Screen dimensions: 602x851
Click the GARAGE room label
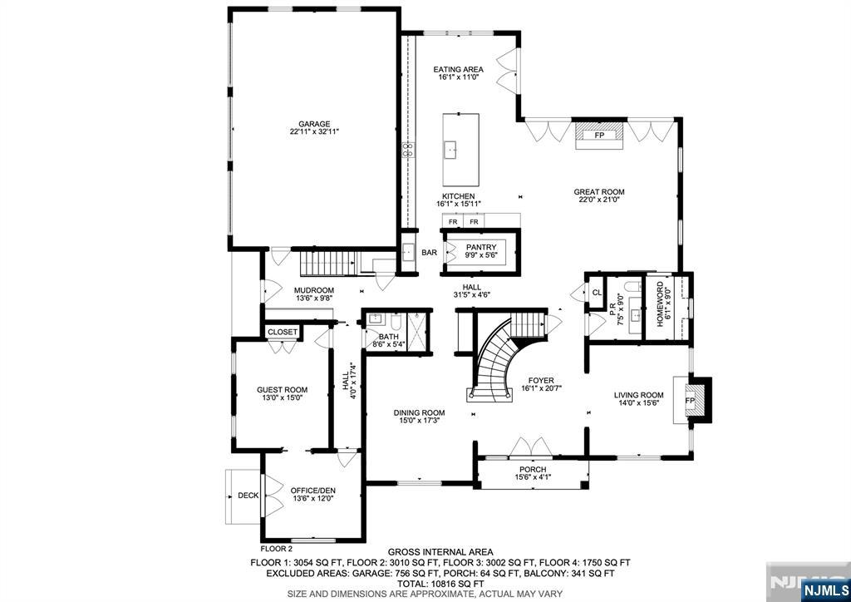pos(315,124)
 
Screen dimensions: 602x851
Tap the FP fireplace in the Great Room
pos(598,135)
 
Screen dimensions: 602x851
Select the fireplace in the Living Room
pos(691,401)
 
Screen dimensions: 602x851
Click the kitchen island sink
pos(451,150)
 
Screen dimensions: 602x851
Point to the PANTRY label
pos(480,247)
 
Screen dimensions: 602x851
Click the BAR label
pos(429,253)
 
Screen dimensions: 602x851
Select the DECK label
pos(248,496)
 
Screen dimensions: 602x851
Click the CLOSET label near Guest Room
pos(283,332)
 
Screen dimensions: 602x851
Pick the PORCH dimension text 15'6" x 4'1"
pos(533,477)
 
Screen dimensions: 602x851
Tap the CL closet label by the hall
pos(597,292)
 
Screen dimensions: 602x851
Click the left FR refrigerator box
pos(453,222)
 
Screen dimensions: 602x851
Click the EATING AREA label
pos(458,69)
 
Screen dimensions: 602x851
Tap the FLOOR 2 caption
pos(277,549)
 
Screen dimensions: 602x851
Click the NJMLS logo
pos(822,590)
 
